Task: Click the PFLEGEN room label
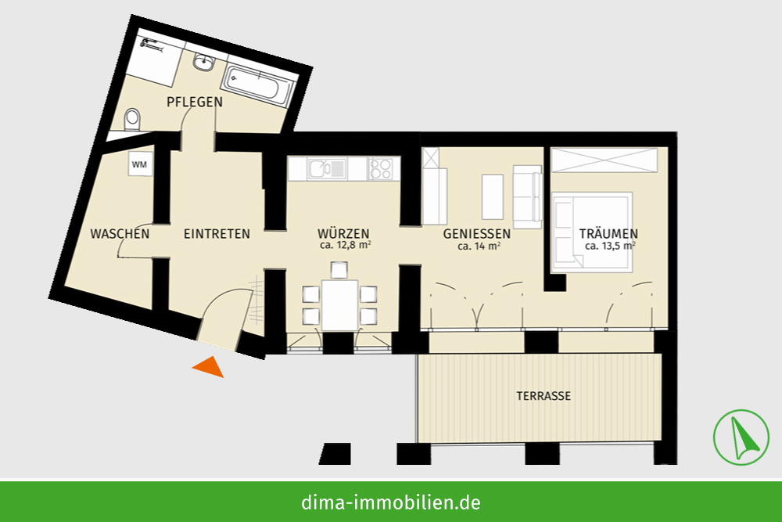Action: coord(195,102)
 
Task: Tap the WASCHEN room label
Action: coord(120,233)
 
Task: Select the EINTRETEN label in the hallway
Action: coord(217,233)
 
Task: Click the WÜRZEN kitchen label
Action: coord(343,233)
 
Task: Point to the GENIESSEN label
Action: coord(477,233)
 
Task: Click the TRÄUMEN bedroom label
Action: coord(608,233)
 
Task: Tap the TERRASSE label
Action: coord(543,396)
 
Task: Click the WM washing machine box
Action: coord(140,164)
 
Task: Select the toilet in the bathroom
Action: coord(132,119)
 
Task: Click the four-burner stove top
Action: coord(380,169)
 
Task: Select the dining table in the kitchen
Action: coord(339,305)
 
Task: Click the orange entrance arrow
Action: coord(209,367)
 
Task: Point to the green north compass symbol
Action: coord(741,437)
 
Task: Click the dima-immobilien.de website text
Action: coord(391,502)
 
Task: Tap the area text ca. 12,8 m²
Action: coord(345,246)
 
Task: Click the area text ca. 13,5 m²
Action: coord(610,246)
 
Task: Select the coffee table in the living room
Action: coord(492,196)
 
